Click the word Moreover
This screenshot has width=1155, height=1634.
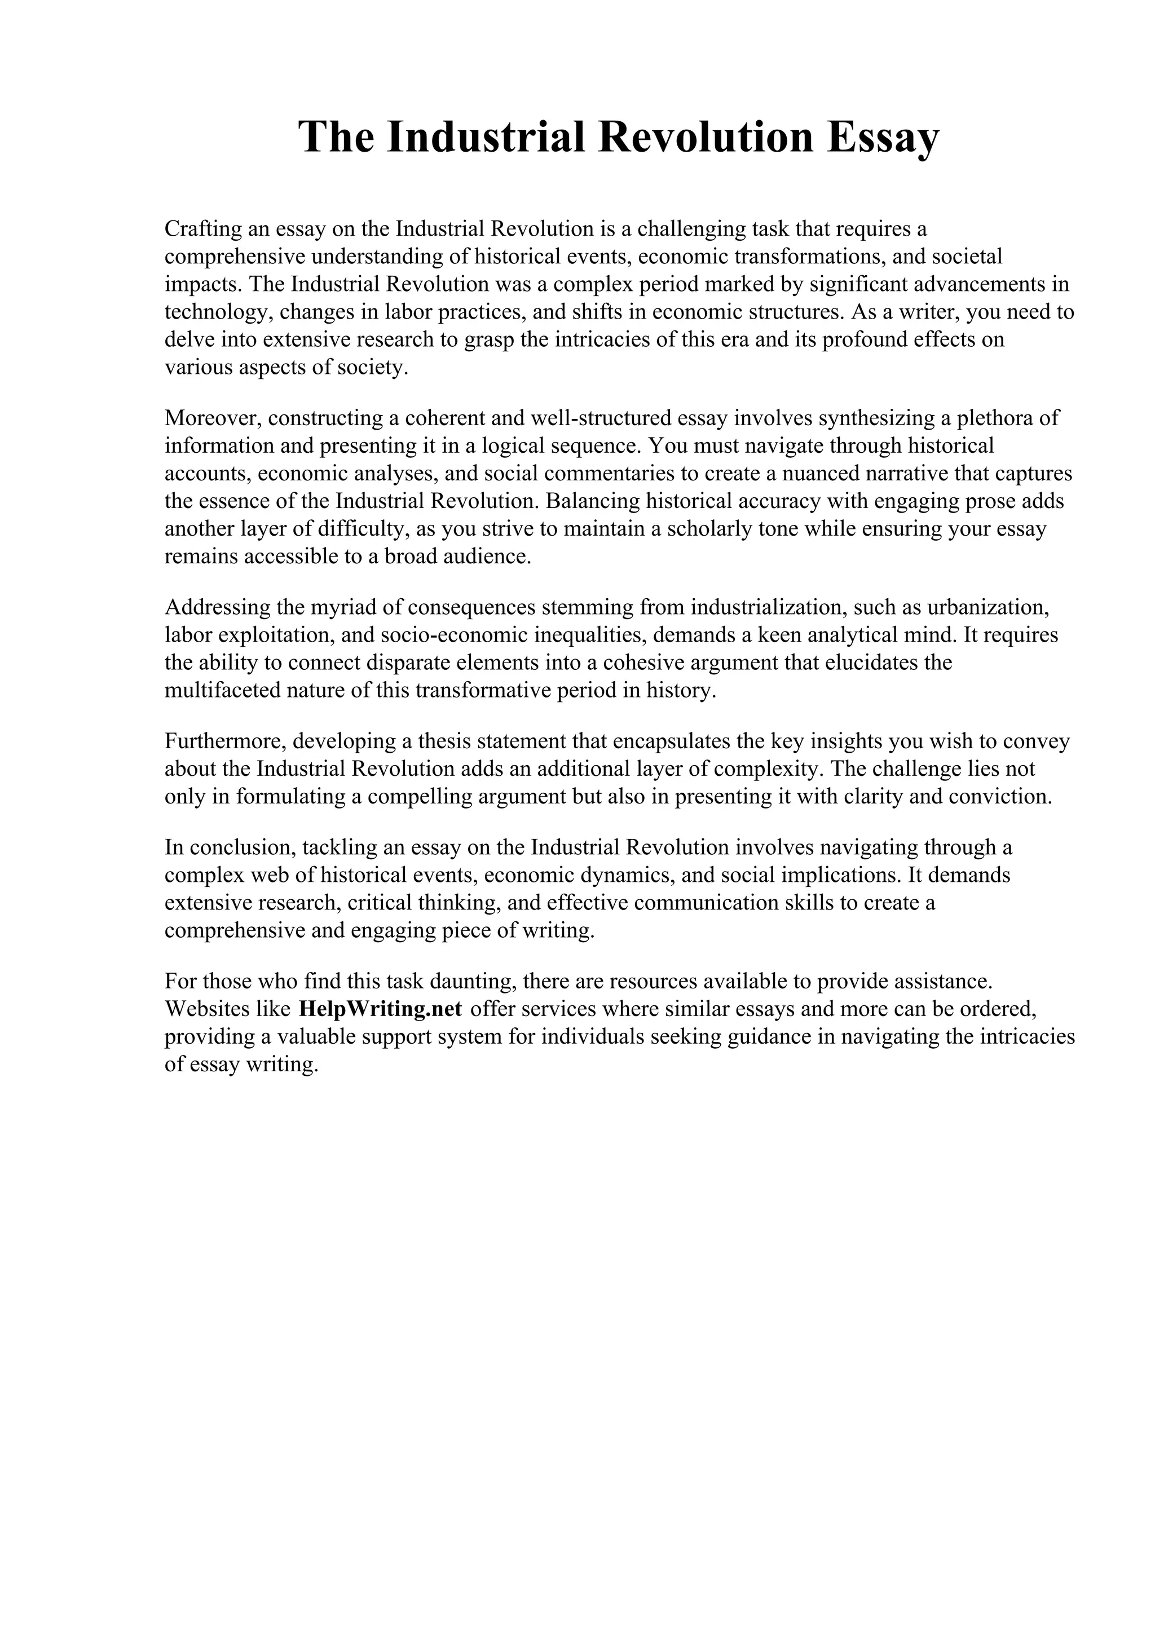coord(213,418)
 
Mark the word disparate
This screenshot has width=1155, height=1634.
coord(407,663)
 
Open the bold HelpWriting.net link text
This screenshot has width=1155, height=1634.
coord(381,1009)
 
